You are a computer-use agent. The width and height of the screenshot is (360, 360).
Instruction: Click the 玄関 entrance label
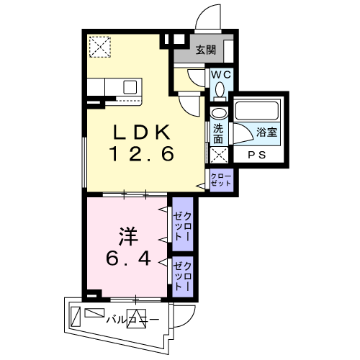click(205, 50)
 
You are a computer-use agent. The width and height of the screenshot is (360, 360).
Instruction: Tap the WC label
click(219, 73)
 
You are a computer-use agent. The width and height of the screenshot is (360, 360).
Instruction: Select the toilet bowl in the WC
click(220, 89)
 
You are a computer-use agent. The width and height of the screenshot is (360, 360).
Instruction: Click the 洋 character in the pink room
click(128, 235)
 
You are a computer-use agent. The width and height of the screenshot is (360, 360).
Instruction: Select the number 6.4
click(130, 257)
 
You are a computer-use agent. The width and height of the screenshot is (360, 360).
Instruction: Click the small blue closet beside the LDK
click(221, 179)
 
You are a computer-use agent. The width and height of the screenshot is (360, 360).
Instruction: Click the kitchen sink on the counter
click(130, 86)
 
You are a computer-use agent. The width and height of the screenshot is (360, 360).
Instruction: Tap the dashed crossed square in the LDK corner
click(99, 47)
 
